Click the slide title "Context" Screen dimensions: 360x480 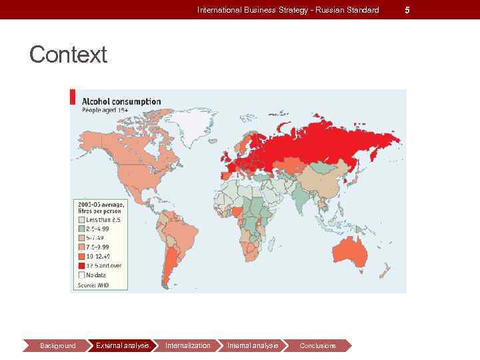(x=68, y=55)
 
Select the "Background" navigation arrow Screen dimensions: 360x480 (x=57, y=345)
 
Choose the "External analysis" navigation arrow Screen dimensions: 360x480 (x=122, y=345)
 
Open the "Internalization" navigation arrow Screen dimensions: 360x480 (x=187, y=345)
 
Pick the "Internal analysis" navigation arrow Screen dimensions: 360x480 (x=252, y=345)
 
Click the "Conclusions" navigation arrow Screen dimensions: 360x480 (x=317, y=345)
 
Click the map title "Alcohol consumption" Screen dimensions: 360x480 (x=121, y=101)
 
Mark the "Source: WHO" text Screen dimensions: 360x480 (x=93, y=285)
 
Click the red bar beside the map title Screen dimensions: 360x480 (x=73, y=96)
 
